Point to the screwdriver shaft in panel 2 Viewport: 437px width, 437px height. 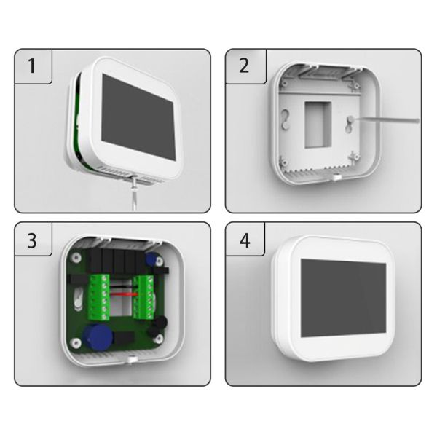click(x=386, y=119)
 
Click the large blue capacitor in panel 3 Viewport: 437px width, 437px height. click(x=94, y=336)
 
